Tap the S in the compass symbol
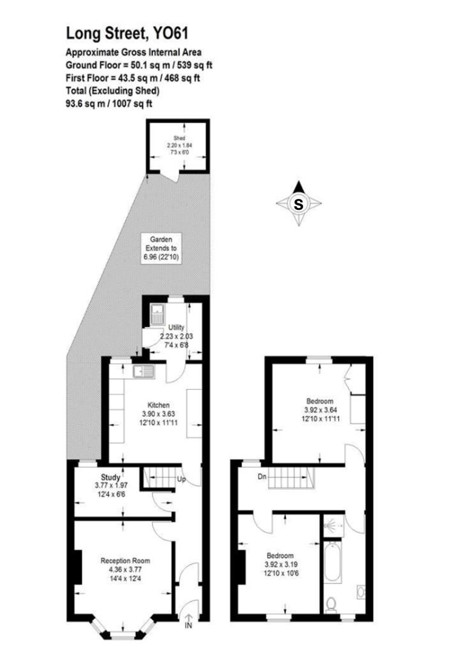(298, 204)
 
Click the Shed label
(178, 138)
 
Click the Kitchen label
(159, 405)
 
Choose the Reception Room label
(125, 561)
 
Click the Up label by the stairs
(181, 480)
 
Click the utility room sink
(158, 313)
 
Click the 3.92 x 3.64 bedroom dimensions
(319, 409)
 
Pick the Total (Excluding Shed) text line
(112, 91)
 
